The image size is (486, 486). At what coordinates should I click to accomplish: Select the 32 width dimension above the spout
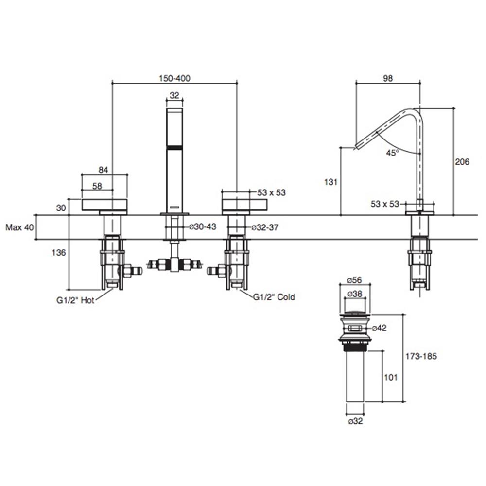click(x=175, y=95)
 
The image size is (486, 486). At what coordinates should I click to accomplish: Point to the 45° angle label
click(x=392, y=153)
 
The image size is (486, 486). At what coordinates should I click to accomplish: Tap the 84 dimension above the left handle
click(x=103, y=170)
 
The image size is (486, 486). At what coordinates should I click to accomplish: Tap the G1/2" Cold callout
click(x=274, y=296)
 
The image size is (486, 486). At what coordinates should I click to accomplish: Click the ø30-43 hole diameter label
click(x=202, y=226)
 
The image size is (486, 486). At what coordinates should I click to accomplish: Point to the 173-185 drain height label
click(x=421, y=356)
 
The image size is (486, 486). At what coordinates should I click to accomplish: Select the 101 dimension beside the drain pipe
click(x=392, y=377)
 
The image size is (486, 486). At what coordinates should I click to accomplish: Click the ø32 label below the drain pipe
click(x=355, y=421)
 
